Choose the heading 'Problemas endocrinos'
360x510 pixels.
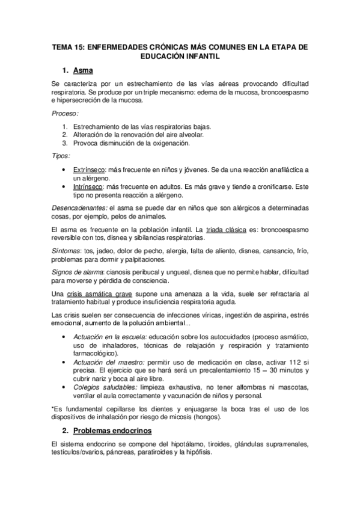coord(116,432)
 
